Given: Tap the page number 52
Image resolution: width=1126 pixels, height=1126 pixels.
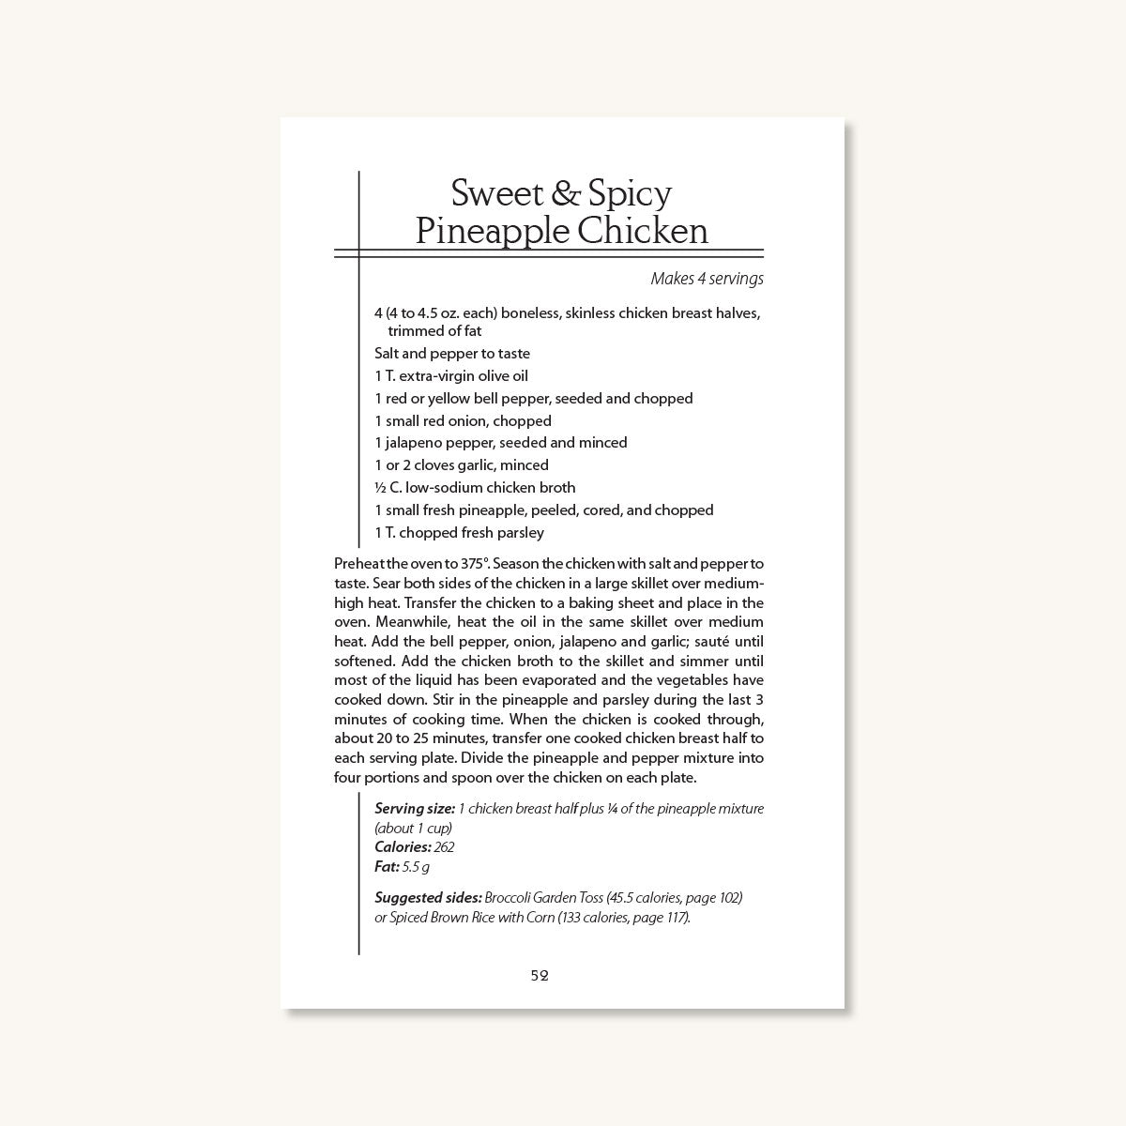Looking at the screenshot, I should (x=540, y=975).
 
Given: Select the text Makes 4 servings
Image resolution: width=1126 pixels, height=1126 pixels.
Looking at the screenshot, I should (x=707, y=279).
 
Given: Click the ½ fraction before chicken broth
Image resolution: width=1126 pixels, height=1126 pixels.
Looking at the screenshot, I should (x=380, y=488).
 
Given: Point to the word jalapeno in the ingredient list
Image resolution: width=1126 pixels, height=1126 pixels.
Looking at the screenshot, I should (x=413, y=443).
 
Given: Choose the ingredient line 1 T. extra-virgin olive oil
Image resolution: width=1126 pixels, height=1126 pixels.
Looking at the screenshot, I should (x=451, y=376).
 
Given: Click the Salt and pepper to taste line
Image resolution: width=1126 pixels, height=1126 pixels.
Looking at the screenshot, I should (x=452, y=354).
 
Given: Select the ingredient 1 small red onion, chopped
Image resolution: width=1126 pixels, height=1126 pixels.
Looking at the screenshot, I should (x=463, y=421).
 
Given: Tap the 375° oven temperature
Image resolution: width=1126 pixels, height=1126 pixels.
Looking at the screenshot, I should (x=469, y=564).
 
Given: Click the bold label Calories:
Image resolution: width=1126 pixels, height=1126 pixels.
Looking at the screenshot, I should (x=403, y=847).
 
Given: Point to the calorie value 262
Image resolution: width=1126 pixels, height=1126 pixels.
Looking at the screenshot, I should (x=444, y=847).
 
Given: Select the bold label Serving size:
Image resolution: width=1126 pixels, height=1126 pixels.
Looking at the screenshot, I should (x=415, y=809).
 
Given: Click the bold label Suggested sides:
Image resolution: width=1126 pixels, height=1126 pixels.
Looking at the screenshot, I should (x=428, y=898).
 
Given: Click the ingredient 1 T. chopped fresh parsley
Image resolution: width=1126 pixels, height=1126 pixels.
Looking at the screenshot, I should (x=459, y=533).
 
